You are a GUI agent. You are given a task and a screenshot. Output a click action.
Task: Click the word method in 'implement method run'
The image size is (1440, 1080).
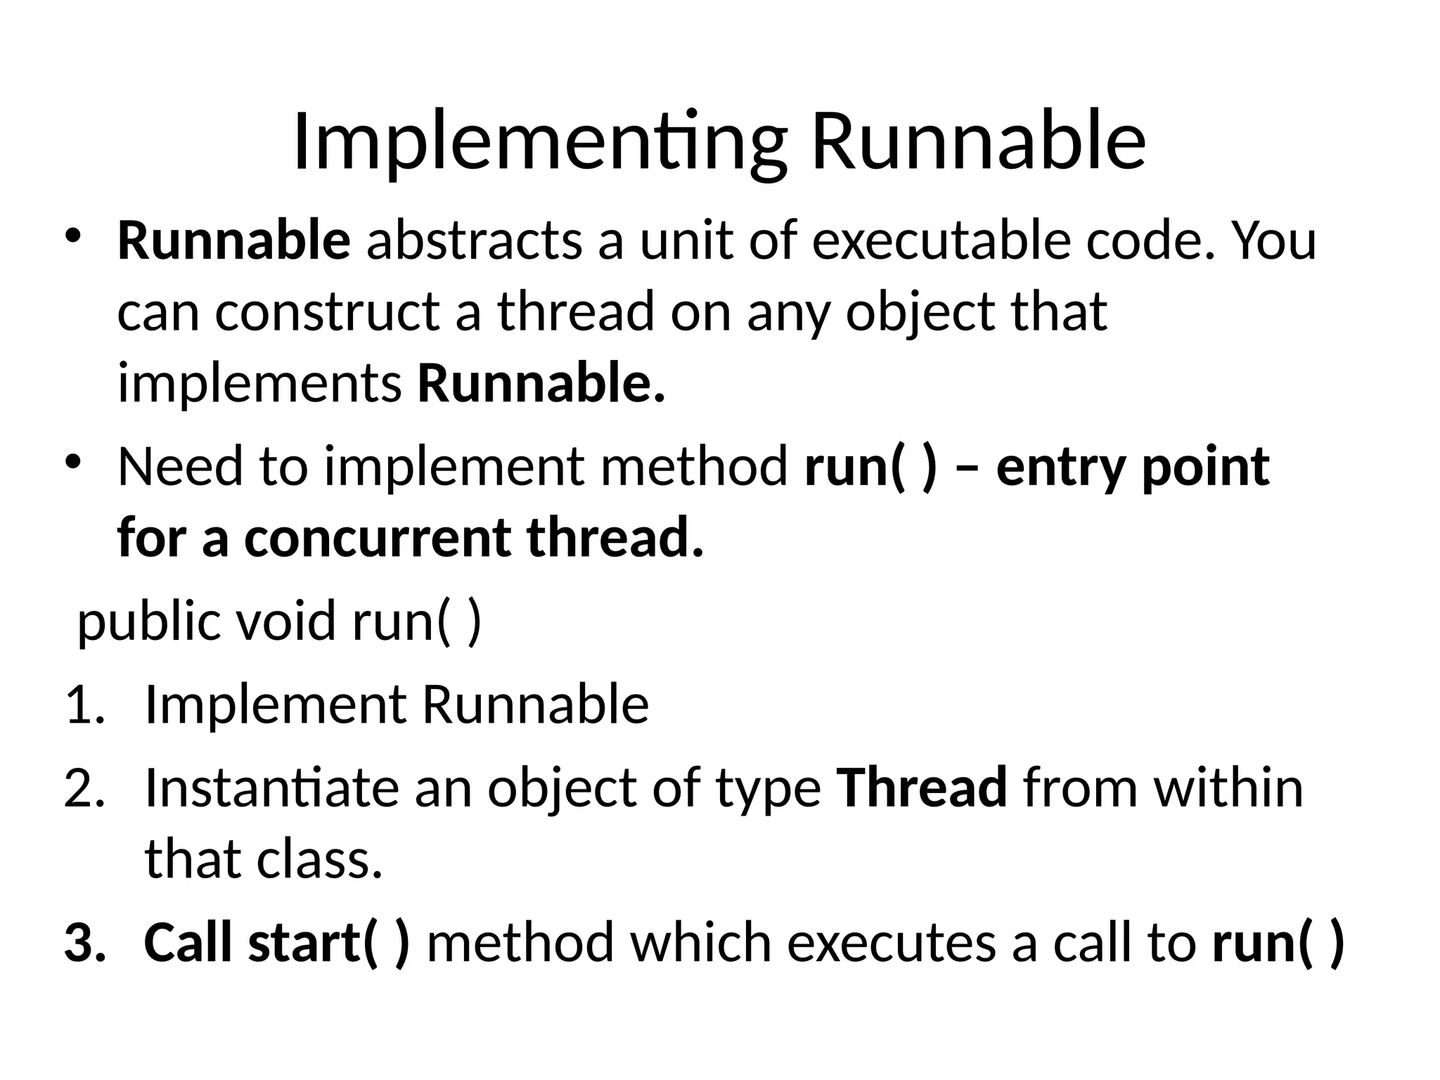(693, 468)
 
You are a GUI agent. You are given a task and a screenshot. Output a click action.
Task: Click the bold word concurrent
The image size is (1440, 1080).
(377, 539)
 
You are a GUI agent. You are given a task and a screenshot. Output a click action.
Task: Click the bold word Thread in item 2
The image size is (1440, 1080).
(922, 788)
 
